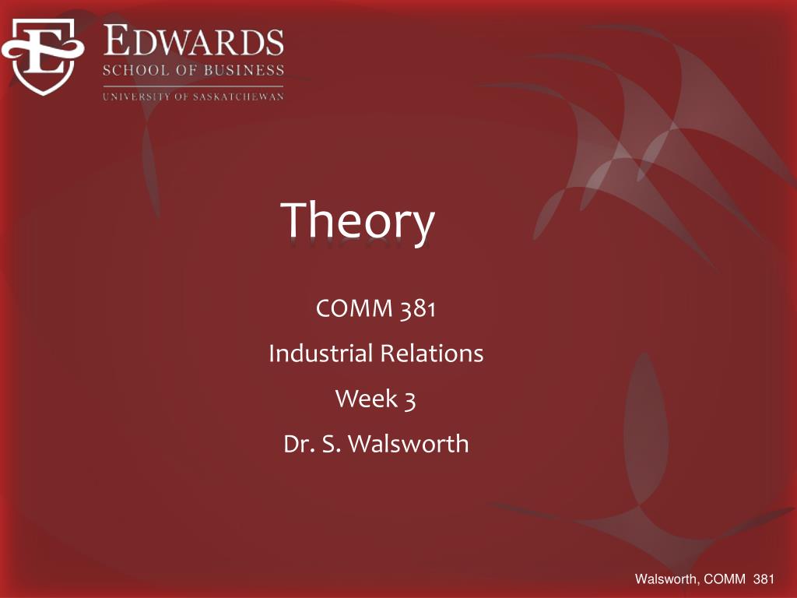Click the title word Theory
click(x=358, y=221)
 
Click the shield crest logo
click(x=42, y=57)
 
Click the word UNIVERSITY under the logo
click(x=134, y=97)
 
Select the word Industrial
click(x=319, y=354)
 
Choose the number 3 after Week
click(x=409, y=399)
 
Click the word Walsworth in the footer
click(x=665, y=578)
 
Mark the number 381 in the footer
click(x=765, y=578)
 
